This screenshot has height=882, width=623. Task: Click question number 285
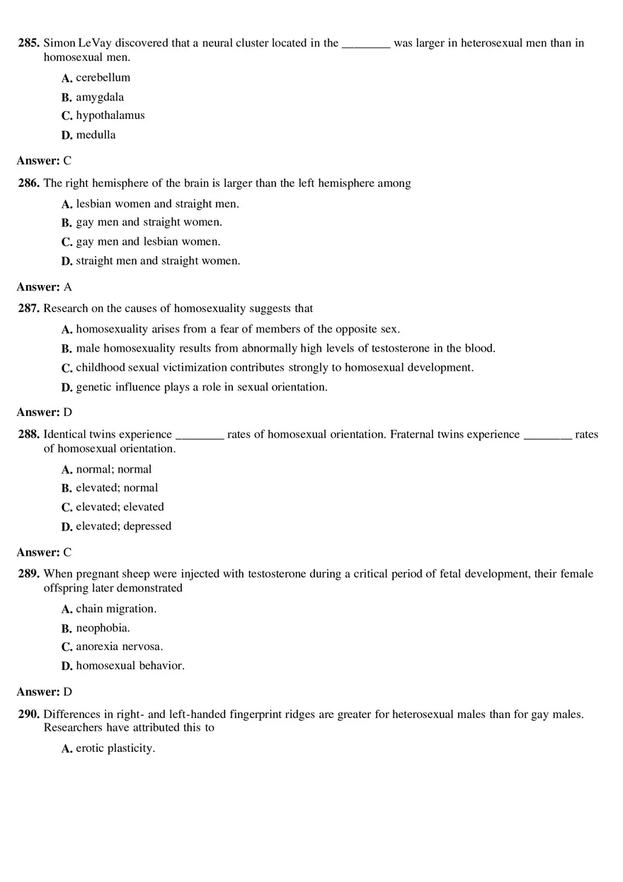coord(28,43)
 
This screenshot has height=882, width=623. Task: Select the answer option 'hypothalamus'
coord(110,116)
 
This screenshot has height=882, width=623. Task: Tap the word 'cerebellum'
coord(103,78)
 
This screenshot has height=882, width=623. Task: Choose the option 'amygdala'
coord(100,98)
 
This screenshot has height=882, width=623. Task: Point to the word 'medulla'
coord(96,135)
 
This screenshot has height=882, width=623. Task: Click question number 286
coord(28,184)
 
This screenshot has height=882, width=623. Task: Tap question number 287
coord(28,309)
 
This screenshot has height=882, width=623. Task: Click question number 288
coord(28,435)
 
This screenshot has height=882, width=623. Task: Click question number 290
coord(28,715)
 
